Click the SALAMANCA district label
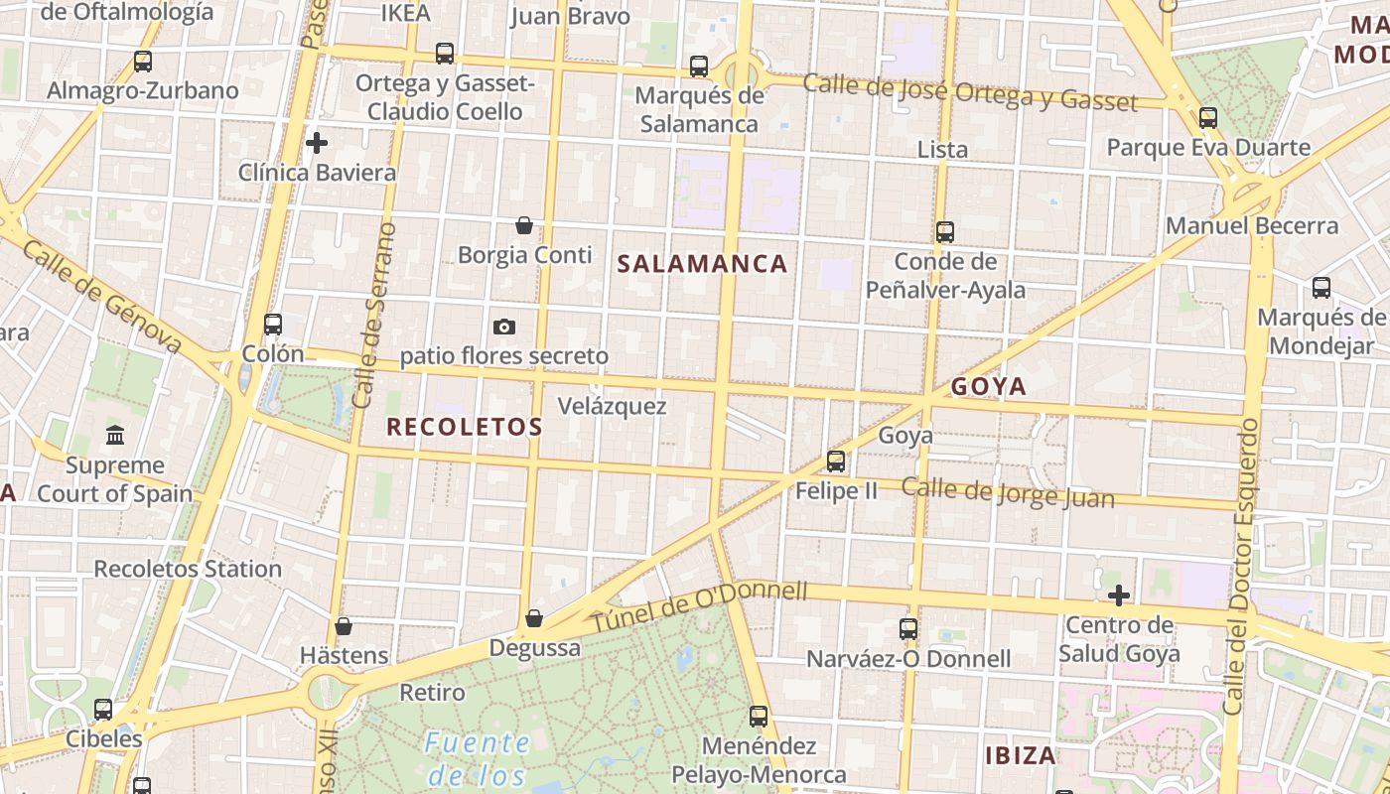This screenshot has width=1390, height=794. pos(702,264)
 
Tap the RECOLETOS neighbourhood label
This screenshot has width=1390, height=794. pos(464,428)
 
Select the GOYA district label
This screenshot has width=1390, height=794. pos(989,387)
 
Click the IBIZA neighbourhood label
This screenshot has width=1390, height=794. pos(1020,755)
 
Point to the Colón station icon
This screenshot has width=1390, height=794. pos(273,325)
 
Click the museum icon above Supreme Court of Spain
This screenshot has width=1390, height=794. pos(115,435)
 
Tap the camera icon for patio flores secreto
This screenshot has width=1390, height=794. pos(504,327)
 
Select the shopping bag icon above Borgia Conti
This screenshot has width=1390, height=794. pos(524,226)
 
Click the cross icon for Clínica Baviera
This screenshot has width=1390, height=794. pos(317,143)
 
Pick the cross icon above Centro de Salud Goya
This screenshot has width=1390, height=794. pos(1119,595)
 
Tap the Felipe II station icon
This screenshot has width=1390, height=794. pos(836,462)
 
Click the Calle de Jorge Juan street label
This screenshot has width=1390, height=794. pos(1007,492)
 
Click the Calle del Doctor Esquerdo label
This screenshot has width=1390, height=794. pos(1241,566)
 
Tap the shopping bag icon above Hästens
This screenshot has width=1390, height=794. pos(344,626)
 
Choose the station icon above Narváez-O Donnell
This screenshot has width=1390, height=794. pos(908,629)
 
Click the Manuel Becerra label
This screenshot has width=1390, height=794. pos(1252,226)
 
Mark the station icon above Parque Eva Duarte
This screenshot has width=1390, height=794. pos(1208,118)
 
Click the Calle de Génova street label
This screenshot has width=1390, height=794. pos(101,295)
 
